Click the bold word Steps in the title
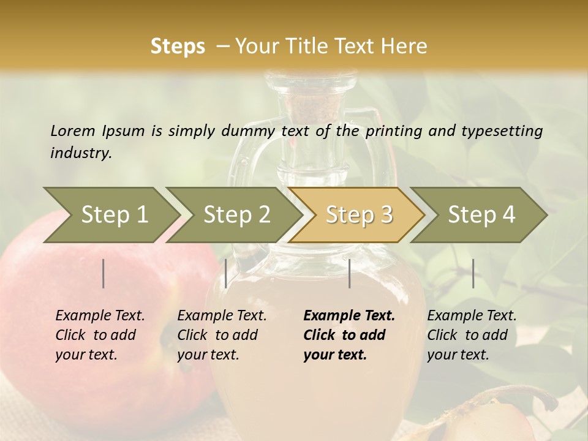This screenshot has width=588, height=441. click(x=178, y=47)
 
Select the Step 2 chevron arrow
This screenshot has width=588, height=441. click(x=236, y=215)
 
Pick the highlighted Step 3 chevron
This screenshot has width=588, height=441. click(x=358, y=215)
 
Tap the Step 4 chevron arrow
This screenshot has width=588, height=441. click(x=481, y=215)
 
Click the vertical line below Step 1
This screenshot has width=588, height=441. click(x=104, y=273)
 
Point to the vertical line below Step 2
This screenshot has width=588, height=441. click(x=226, y=273)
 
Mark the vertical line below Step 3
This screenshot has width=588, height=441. click(x=349, y=273)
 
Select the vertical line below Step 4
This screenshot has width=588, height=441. click(x=473, y=273)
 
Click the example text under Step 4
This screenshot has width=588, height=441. click(x=472, y=335)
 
